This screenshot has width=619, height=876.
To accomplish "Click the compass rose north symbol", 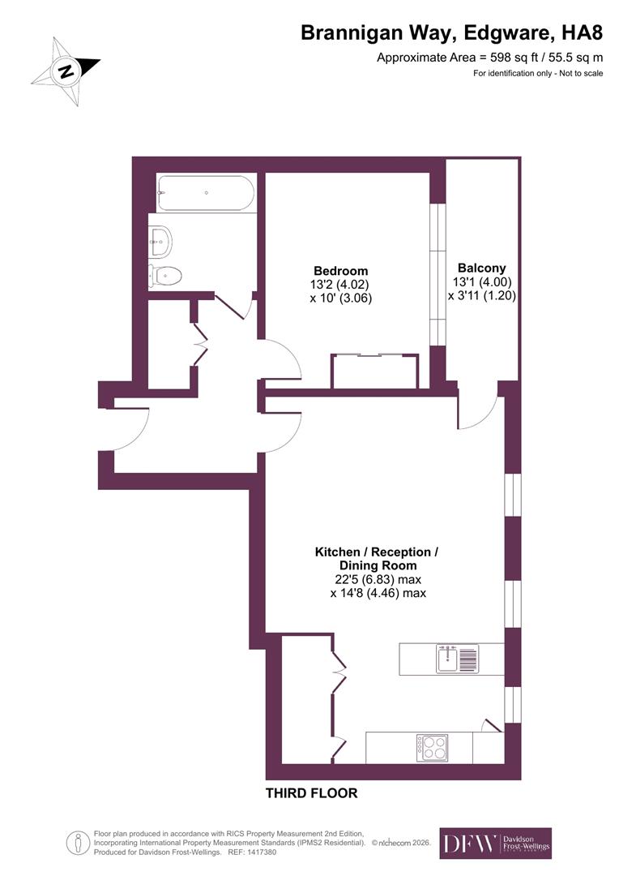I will (x=66, y=71).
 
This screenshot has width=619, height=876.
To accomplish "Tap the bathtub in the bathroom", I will (x=206, y=194).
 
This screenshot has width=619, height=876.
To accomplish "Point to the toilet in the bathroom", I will (x=165, y=276).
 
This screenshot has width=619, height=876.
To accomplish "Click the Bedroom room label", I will (x=340, y=271).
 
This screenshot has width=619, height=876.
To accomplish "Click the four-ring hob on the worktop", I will (x=432, y=746).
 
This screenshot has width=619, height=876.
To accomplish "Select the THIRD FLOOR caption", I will (x=311, y=793).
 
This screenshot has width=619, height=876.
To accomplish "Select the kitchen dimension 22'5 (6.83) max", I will (x=378, y=580).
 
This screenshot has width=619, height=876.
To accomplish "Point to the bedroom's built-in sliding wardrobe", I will (x=374, y=371).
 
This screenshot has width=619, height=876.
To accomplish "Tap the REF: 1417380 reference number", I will (x=251, y=852).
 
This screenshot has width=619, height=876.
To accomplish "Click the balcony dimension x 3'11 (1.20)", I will (x=481, y=296).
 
